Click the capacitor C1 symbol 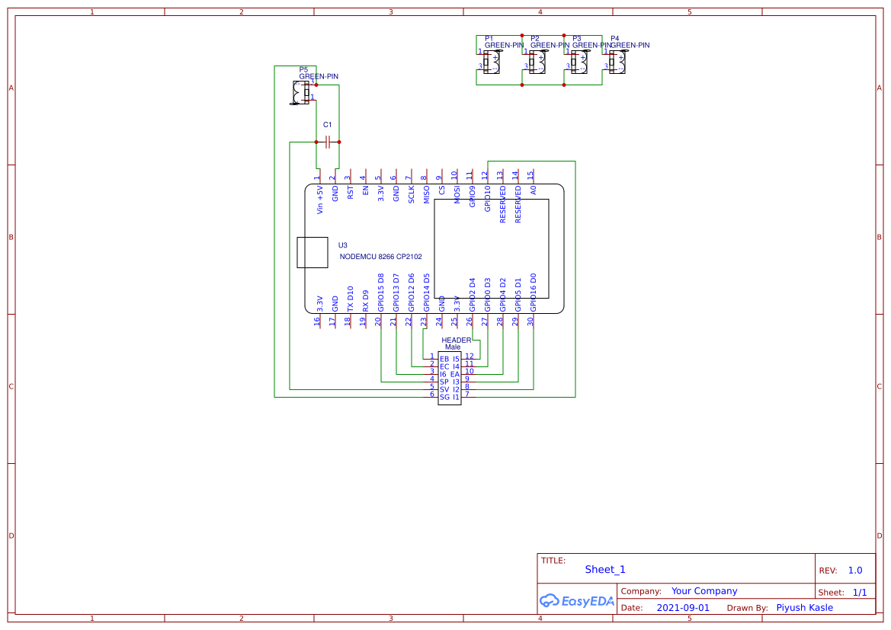(x=328, y=142)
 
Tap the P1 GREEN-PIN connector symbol (x=492, y=62)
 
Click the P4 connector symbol (x=617, y=62)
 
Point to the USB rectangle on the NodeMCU (x=312, y=252)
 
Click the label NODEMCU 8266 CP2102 (x=380, y=257)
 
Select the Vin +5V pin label (x=320, y=200)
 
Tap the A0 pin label (x=534, y=190)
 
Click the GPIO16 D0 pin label (x=534, y=293)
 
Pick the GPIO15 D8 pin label (x=381, y=293)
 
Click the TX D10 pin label (x=351, y=298)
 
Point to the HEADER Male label (x=456, y=344)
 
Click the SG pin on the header (x=444, y=397)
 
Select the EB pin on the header (x=444, y=359)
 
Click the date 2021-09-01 (x=683, y=608)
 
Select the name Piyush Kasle (x=804, y=608)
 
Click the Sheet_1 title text (x=605, y=570)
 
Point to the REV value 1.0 (x=855, y=571)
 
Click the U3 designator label (x=343, y=245)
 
